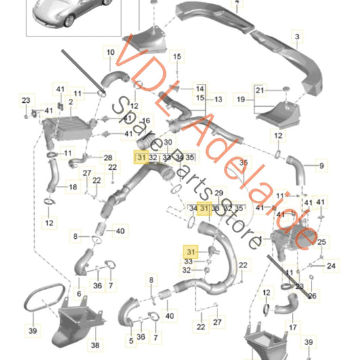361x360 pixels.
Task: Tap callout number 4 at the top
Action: [x=237, y=3]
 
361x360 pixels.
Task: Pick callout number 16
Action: [x=146, y=120]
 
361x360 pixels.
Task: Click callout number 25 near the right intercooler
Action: [x=322, y=241]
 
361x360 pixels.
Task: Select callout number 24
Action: [x=331, y=266]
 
